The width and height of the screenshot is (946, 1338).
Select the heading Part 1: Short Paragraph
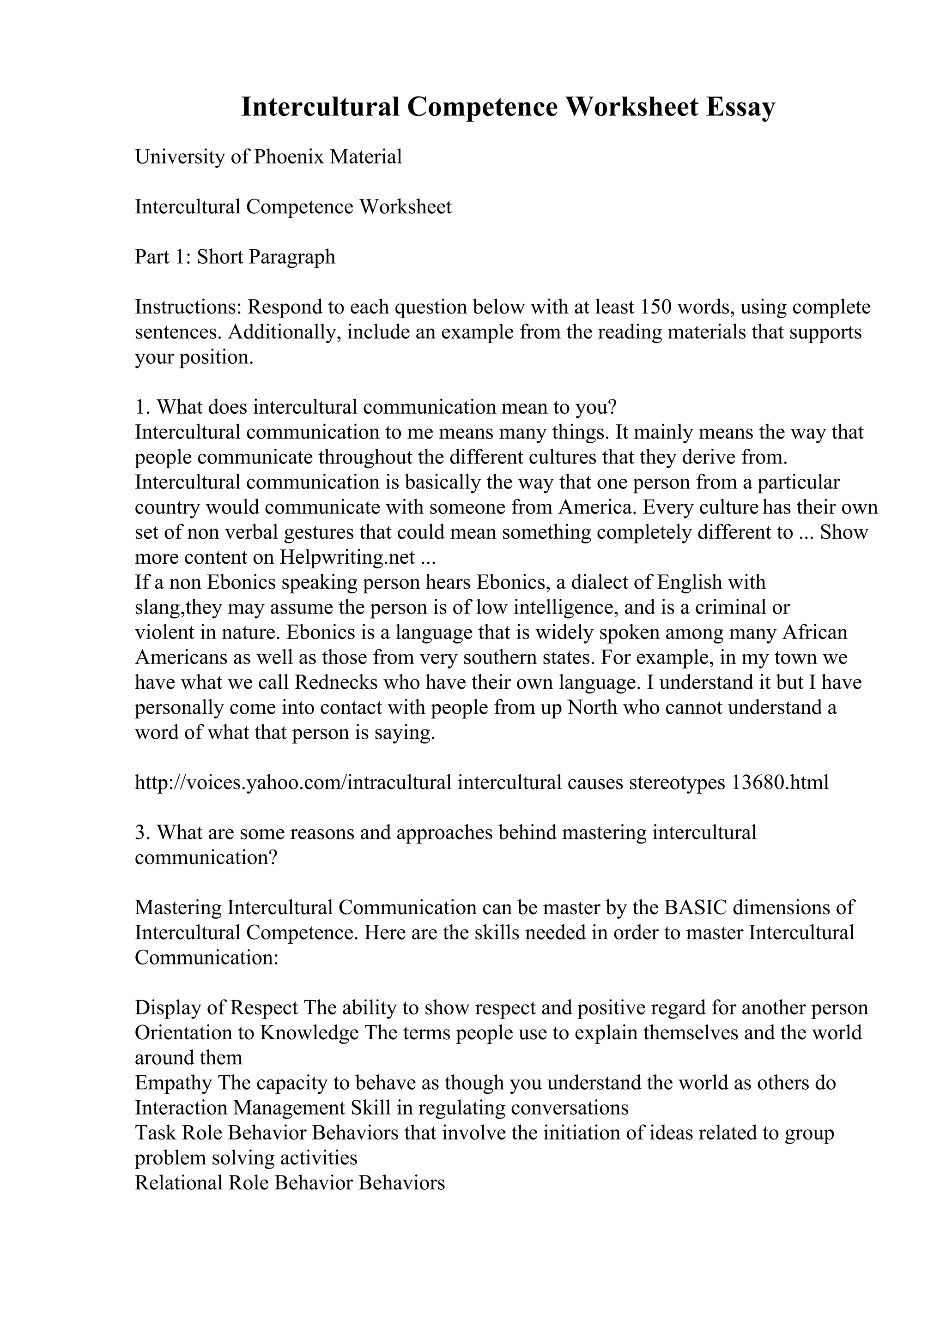tap(235, 257)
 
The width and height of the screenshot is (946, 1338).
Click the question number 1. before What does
tap(143, 407)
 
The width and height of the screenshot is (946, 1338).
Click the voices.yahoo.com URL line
tap(481, 783)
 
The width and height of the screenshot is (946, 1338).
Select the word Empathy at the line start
tap(173, 1083)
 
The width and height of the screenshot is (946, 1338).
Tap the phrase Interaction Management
tap(241, 1108)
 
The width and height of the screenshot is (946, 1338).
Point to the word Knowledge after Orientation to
tap(309, 1033)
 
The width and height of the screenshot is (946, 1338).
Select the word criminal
tap(728, 608)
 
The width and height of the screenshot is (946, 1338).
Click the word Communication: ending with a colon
tap(206, 958)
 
